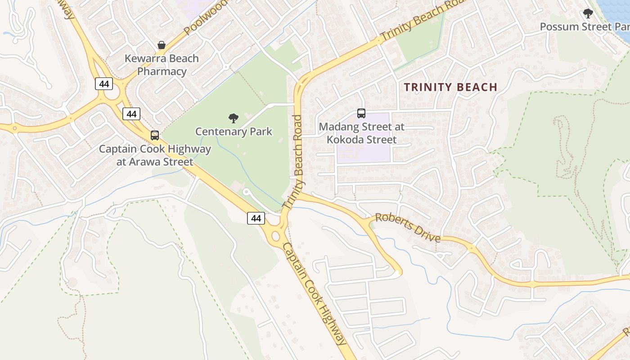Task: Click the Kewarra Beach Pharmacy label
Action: (x=162, y=65)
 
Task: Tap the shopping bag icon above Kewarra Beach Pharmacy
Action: (x=162, y=45)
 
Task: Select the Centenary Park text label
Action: (x=234, y=131)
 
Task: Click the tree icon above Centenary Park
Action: (x=234, y=118)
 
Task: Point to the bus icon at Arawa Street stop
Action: (x=155, y=135)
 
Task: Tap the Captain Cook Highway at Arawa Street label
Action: (x=155, y=155)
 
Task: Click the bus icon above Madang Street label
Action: (x=361, y=113)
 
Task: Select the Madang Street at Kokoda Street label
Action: (x=361, y=133)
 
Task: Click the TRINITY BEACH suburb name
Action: (x=450, y=87)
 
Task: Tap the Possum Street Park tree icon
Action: (x=588, y=13)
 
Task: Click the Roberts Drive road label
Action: (x=408, y=227)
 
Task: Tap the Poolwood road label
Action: (x=206, y=18)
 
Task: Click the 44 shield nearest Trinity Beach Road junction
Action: (x=256, y=218)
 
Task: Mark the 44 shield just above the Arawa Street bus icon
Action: (x=131, y=114)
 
